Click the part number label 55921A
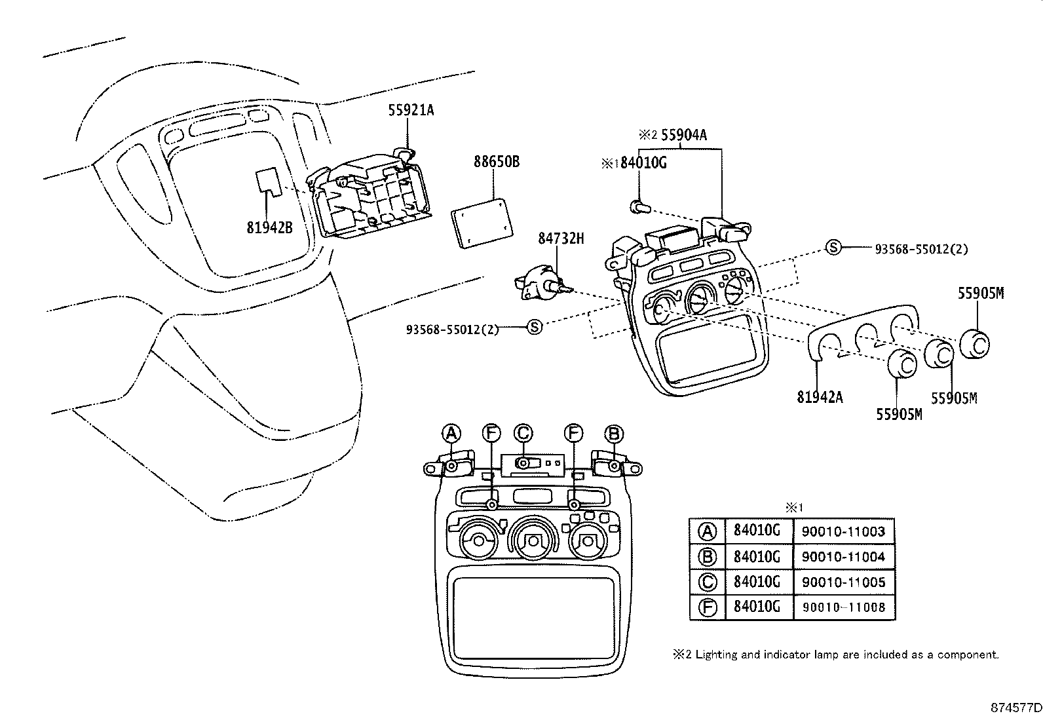[x=411, y=111]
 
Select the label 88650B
[x=497, y=161]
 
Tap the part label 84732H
[x=561, y=238]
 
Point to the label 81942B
[x=269, y=227]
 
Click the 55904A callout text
[x=684, y=135]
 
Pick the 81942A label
[x=820, y=396]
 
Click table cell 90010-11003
[x=843, y=531]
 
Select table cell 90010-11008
[x=843, y=607]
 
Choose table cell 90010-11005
[x=843, y=582]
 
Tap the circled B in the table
[x=708, y=557]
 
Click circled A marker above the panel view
[x=451, y=433]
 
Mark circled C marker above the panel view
[x=523, y=433]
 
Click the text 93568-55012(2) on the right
[x=921, y=249]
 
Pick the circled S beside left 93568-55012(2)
[x=535, y=327]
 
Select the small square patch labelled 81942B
[x=268, y=181]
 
